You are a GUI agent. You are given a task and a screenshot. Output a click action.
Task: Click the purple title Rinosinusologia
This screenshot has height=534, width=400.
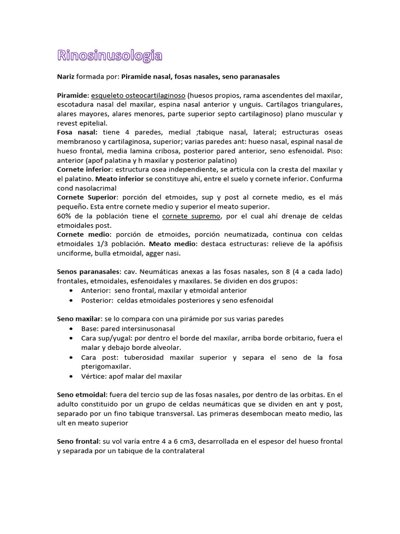109,55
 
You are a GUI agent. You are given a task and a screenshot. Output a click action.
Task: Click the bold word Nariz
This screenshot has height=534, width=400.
66,77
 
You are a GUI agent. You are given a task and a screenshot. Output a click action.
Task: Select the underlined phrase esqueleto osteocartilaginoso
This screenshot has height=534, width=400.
139,95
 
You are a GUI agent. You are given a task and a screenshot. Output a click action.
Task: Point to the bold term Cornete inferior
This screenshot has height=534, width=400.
83,169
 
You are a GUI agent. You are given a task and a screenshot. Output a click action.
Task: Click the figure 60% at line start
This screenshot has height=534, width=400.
64,216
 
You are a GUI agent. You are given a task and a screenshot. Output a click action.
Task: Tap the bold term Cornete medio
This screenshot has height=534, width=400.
81,235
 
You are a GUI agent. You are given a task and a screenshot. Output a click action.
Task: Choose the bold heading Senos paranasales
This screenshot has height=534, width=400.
88,272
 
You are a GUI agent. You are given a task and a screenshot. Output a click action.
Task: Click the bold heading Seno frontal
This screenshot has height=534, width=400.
78,441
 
